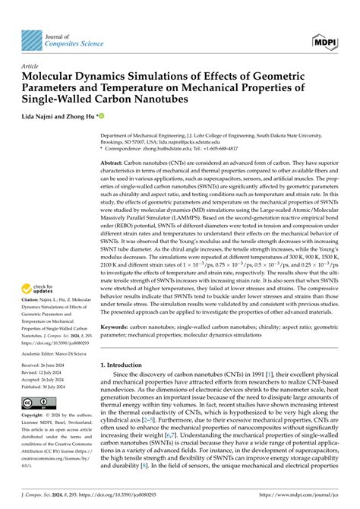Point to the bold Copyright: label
pyautogui.click(x=34, y=416)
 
